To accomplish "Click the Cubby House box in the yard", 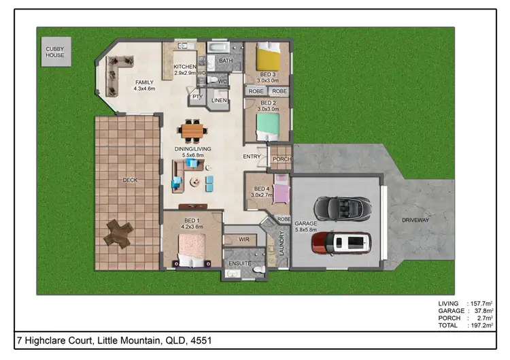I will tap(55, 52).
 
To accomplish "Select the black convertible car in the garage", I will tap(341, 207).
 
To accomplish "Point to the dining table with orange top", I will tap(192, 128).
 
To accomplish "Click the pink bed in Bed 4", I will tap(280, 190).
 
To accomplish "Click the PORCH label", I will tap(281, 161).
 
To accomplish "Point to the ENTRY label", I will tap(252, 157).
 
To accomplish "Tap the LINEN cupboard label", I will tap(219, 101).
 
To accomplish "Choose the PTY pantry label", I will tap(198, 97).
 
